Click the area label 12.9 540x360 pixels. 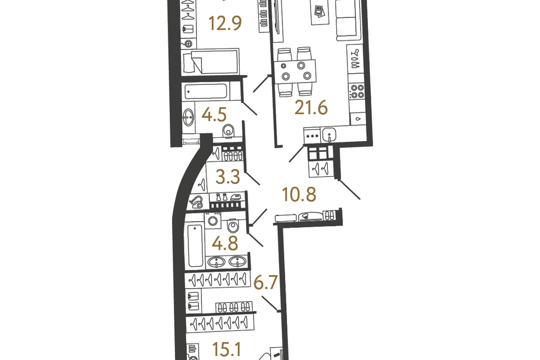(x=225, y=24)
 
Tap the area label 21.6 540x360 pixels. (x=311, y=108)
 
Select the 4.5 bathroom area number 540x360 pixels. (x=214, y=115)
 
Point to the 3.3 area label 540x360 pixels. (x=228, y=177)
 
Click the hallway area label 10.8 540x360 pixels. (x=299, y=195)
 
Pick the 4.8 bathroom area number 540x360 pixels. (x=225, y=244)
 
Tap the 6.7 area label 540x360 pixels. (x=265, y=283)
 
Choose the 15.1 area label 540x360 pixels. (x=227, y=350)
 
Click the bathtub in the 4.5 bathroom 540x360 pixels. (x=206, y=91)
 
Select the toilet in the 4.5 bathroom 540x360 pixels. (x=228, y=132)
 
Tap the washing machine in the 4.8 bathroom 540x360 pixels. (x=213, y=220)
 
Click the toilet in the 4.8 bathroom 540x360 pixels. (x=233, y=226)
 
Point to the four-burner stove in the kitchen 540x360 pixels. (x=357, y=91)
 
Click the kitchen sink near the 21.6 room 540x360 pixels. (x=329, y=134)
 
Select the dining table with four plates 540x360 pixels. (x=295, y=71)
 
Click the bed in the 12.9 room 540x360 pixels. (x=210, y=61)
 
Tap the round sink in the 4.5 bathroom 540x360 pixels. (x=188, y=117)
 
